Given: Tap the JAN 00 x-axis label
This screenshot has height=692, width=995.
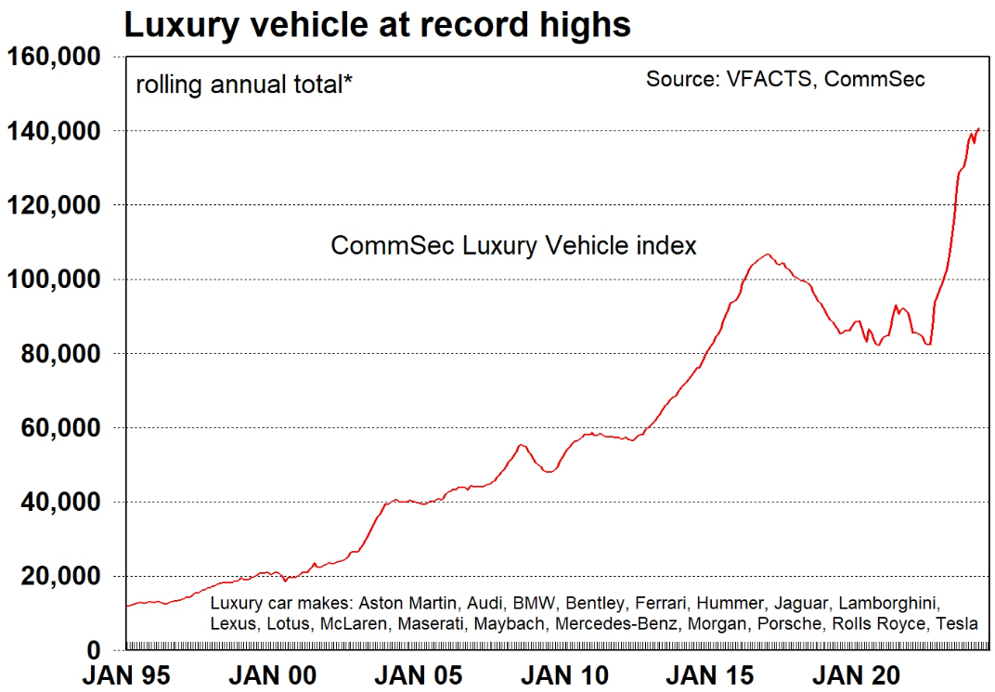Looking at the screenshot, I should point(272,675).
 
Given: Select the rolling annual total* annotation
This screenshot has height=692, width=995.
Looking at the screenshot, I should point(244,85).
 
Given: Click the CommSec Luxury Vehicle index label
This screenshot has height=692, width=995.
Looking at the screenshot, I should point(513,246).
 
